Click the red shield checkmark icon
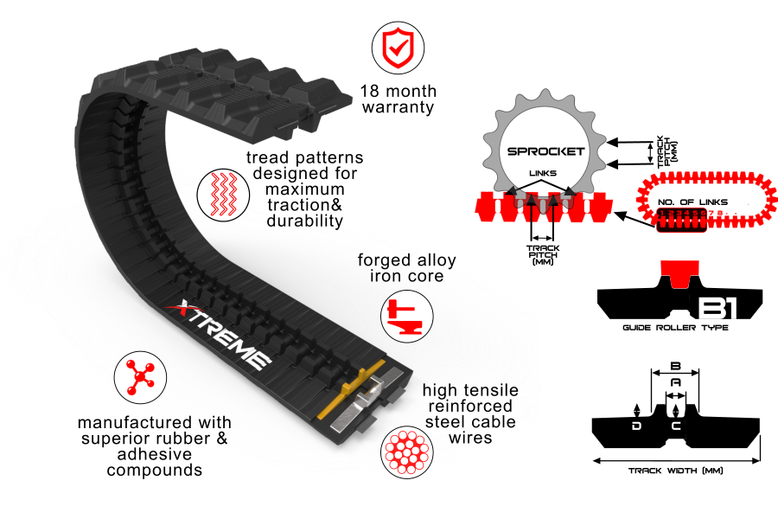tap(398, 48)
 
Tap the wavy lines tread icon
tap(218, 192)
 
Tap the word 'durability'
tap(305, 221)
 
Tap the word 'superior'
tap(115, 439)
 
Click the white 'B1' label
tap(717, 309)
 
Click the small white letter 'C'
tap(676, 426)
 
